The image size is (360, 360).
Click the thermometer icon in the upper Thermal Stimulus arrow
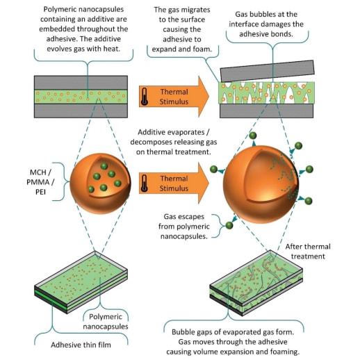(x=145, y=97)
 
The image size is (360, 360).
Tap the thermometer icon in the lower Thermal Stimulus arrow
(x=145, y=183)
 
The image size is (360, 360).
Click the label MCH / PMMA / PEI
(x=40, y=182)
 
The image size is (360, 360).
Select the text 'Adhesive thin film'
(x=81, y=345)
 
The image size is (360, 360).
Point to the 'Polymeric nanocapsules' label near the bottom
(x=106, y=322)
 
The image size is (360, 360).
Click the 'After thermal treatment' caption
(x=308, y=252)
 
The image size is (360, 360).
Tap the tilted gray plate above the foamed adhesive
(x=268, y=71)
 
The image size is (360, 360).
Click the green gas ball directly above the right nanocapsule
(x=253, y=136)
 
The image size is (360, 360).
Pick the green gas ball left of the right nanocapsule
(x=213, y=169)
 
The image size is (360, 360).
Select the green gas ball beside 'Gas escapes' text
(x=229, y=225)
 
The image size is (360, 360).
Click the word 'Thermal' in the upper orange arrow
(x=174, y=92)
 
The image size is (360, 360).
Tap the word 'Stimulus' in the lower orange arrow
(x=174, y=188)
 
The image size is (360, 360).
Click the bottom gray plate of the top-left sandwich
(x=81, y=111)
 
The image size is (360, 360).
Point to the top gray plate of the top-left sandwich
(x=81, y=83)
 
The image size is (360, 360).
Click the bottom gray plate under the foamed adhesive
(x=266, y=111)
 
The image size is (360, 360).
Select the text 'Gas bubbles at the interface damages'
(x=266, y=19)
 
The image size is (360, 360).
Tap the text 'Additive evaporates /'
(x=174, y=132)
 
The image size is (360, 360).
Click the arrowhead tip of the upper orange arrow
(x=209, y=97)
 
